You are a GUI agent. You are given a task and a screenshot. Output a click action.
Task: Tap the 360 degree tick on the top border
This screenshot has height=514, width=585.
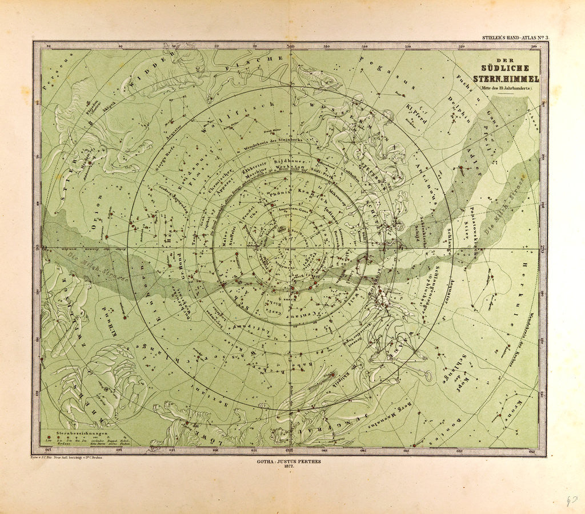(x=291, y=46)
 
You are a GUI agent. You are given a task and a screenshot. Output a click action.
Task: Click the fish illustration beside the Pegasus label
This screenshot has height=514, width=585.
(x=316, y=77)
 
